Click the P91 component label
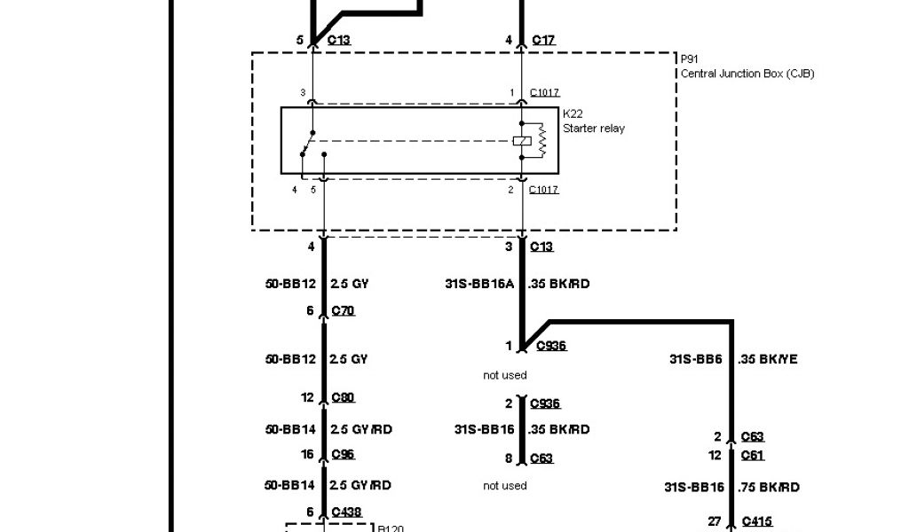pyautogui.click(x=688, y=59)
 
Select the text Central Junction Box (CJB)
pyautogui.click(x=747, y=74)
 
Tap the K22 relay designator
pyautogui.click(x=573, y=114)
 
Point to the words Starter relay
pyautogui.click(x=594, y=129)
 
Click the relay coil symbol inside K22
pyautogui.click(x=523, y=140)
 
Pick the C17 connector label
pyautogui.click(x=543, y=40)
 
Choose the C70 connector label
pyautogui.click(x=343, y=310)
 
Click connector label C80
pyautogui.click(x=343, y=397)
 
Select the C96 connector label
pyautogui.click(x=343, y=454)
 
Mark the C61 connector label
pyautogui.click(x=753, y=456)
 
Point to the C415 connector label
pyautogui.click(x=756, y=521)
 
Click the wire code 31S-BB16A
pyautogui.click(x=479, y=285)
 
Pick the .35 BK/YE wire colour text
pyautogui.click(x=768, y=359)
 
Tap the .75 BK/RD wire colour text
pyautogui.click(x=769, y=487)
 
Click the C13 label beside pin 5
pyautogui.click(x=340, y=40)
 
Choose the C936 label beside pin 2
pyautogui.click(x=545, y=403)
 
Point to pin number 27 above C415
pyautogui.click(x=714, y=521)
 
